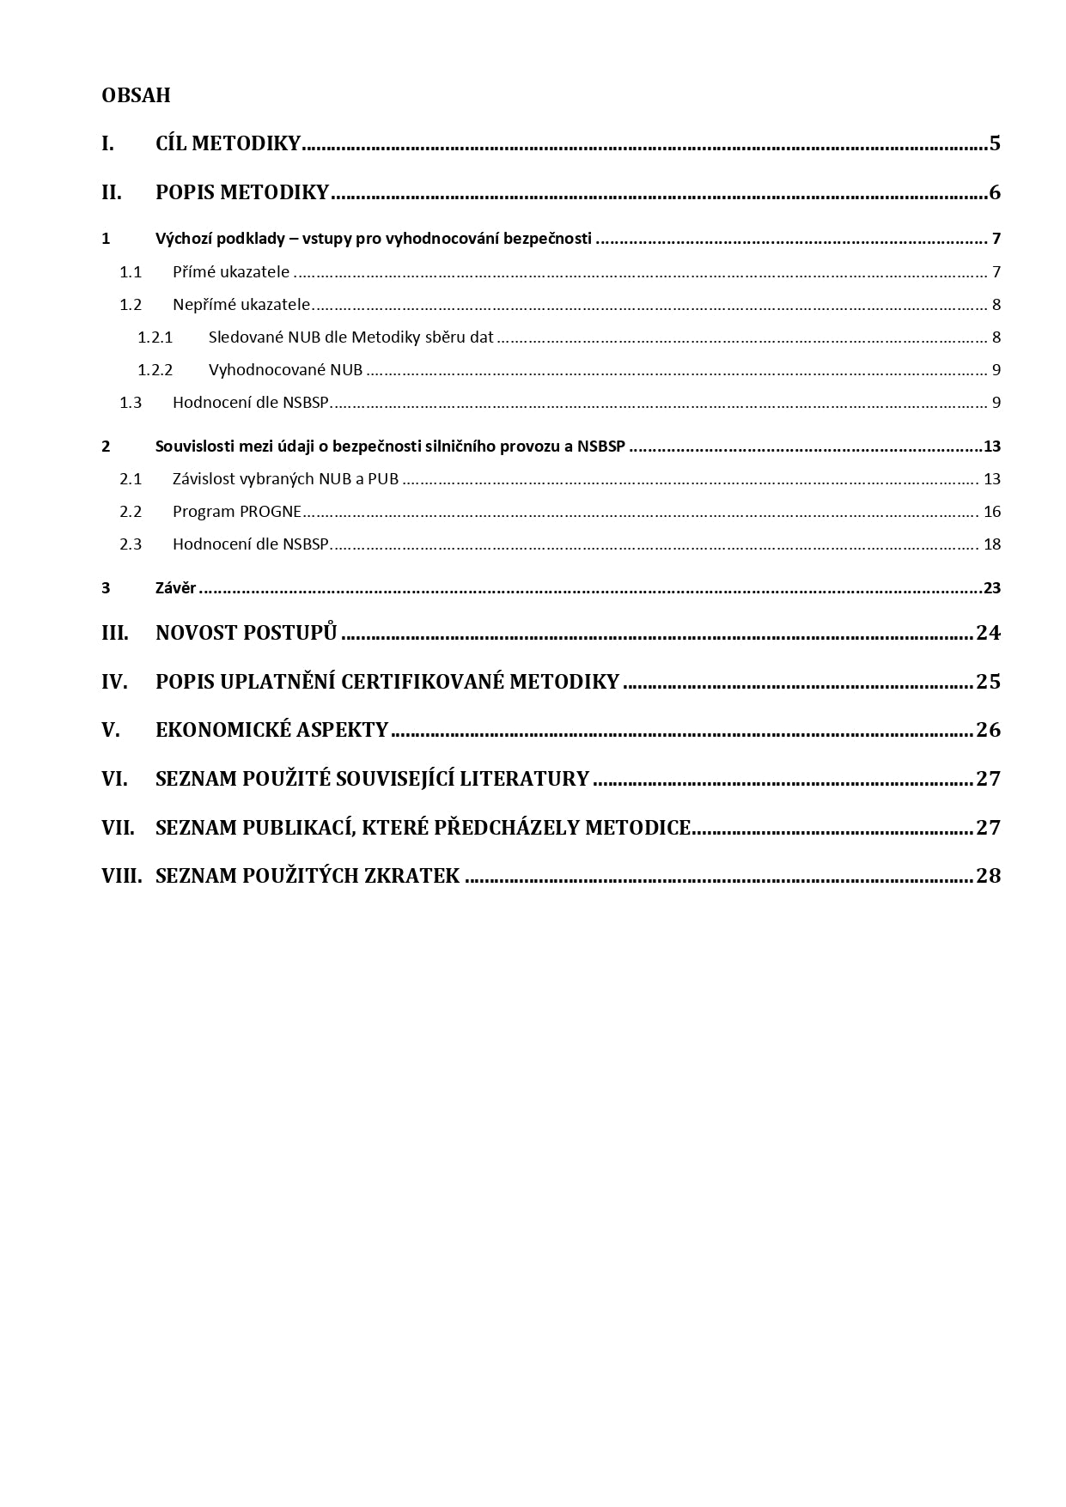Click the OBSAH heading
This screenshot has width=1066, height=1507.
tap(136, 95)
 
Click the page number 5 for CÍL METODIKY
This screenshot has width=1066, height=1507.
tap(995, 143)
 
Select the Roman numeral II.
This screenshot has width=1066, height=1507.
tap(112, 192)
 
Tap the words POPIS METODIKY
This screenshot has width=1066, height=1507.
tap(242, 192)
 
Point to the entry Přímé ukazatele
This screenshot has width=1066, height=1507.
tap(231, 272)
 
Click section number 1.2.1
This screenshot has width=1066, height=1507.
tap(155, 337)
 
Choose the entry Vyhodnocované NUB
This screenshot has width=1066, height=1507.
tap(285, 370)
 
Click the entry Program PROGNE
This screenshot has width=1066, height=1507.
tap(236, 512)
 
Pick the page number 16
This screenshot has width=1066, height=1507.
tap(992, 512)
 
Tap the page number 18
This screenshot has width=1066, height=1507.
tap(992, 544)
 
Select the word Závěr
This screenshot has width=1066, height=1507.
tap(175, 588)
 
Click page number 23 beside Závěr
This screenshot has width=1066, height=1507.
tap(992, 588)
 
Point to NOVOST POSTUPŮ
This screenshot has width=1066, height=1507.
tap(246, 633)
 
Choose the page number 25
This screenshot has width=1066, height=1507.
tap(989, 682)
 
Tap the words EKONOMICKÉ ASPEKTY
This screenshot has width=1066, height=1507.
tap(271, 730)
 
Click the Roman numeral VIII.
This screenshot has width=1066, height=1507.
tap(121, 876)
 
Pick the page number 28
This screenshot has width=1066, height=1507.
tap(989, 876)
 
